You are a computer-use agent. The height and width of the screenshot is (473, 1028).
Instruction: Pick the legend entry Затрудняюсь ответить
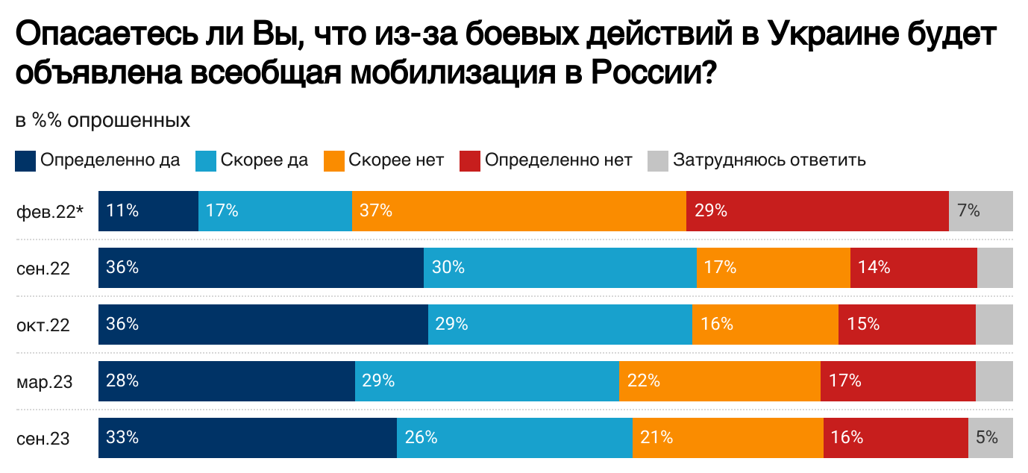[768, 160]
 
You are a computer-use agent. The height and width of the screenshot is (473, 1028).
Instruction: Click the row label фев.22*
[49, 211]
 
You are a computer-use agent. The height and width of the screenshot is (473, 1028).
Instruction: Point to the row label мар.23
[45, 382]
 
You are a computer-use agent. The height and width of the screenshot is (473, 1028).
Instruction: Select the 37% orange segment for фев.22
[518, 211]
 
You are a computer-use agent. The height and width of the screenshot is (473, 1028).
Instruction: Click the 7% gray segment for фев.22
[980, 211]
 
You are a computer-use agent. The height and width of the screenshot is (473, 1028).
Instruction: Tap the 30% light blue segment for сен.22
[560, 268]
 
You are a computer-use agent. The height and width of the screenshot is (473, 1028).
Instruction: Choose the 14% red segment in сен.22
[913, 268]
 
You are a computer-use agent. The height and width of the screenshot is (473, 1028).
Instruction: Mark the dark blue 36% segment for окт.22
[263, 325]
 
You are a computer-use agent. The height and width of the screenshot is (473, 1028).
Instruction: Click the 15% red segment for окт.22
[906, 325]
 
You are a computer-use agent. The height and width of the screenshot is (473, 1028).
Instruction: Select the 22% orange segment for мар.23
[719, 381]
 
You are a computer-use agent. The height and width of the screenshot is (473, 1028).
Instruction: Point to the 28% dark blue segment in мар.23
[226, 381]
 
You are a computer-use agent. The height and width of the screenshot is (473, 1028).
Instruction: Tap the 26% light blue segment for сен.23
[514, 438]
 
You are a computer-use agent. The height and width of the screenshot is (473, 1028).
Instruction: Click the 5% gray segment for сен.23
[990, 438]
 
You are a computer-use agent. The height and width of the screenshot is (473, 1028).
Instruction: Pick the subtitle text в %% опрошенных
[102, 120]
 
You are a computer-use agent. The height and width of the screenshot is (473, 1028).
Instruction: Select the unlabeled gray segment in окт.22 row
[994, 325]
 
